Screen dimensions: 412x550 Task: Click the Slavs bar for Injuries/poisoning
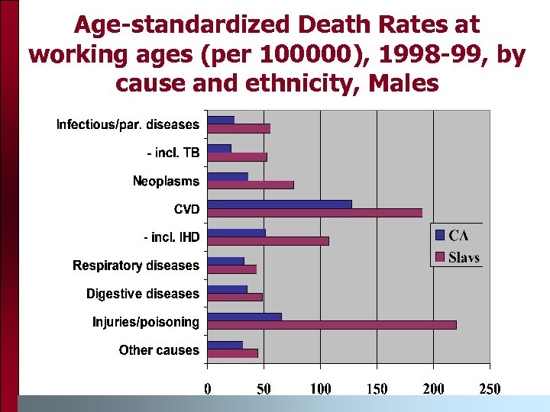point(332,325)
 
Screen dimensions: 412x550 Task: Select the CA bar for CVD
point(280,204)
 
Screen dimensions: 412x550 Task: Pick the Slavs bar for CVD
point(315,213)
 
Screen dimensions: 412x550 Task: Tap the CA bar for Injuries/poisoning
point(244,317)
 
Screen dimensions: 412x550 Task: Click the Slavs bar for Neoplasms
point(251,185)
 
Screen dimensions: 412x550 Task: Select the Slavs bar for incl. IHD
point(268,241)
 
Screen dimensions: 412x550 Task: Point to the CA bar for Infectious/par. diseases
point(221,120)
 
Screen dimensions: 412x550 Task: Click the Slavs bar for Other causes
point(233,353)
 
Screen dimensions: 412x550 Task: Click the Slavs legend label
point(464,257)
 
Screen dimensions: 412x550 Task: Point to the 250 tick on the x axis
point(490,389)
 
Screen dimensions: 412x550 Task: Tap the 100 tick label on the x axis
point(320,389)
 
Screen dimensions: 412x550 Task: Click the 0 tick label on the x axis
point(208,389)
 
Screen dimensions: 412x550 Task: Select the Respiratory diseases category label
point(136,266)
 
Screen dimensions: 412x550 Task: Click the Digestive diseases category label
point(143,294)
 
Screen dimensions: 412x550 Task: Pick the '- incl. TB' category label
point(173,153)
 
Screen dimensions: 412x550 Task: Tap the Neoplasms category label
point(166,181)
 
